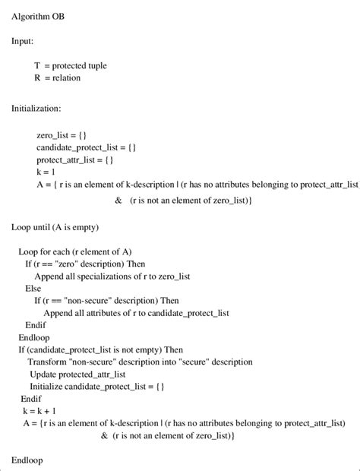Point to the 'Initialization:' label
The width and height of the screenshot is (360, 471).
tap(36, 109)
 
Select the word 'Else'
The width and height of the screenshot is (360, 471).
tap(33, 289)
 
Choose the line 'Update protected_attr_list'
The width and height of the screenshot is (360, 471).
tap(78, 375)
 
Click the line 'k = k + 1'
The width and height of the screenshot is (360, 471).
tap(40, 410)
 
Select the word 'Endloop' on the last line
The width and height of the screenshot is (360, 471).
tap(27, 460)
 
